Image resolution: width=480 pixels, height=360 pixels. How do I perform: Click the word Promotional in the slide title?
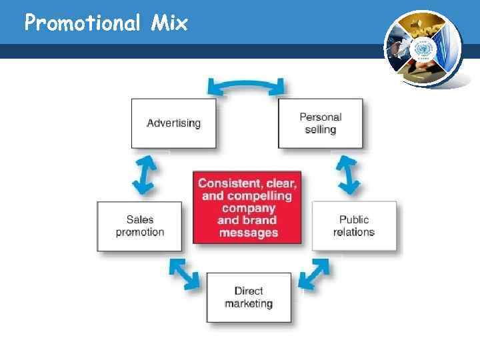pyautogui.click(x=81, y=24)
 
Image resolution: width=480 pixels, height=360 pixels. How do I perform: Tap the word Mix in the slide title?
pyautogui.click(x=169, y=24)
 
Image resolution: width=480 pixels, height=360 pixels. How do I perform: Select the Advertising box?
pyautogui.click(x=173, y=123)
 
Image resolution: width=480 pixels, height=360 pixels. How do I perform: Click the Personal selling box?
pyautogui.click(x=321, y=123)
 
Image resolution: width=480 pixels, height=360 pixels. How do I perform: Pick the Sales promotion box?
pyautogui.click(x=139, y=226)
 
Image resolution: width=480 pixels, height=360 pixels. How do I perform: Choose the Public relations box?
pyautogui.click(x=354, y=226)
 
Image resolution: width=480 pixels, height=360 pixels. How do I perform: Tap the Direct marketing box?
pyautogui.click(x=249, y=297)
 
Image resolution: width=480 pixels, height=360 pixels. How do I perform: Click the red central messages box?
pyautogui.click(x=247, y=208)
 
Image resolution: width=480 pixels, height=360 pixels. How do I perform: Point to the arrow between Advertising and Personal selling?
pyautogui.click(x=246, y=85)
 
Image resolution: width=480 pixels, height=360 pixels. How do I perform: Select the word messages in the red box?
pyautogui.click(x=248, y=233)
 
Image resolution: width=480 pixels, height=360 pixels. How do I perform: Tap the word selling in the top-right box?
pyautogui.click(x=321, y=129)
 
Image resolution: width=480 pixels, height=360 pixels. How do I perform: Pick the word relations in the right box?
pyautogui.click(x=354, y=232)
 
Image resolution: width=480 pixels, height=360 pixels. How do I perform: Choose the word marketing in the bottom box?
pyautogui.click(x=249, y=303)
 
